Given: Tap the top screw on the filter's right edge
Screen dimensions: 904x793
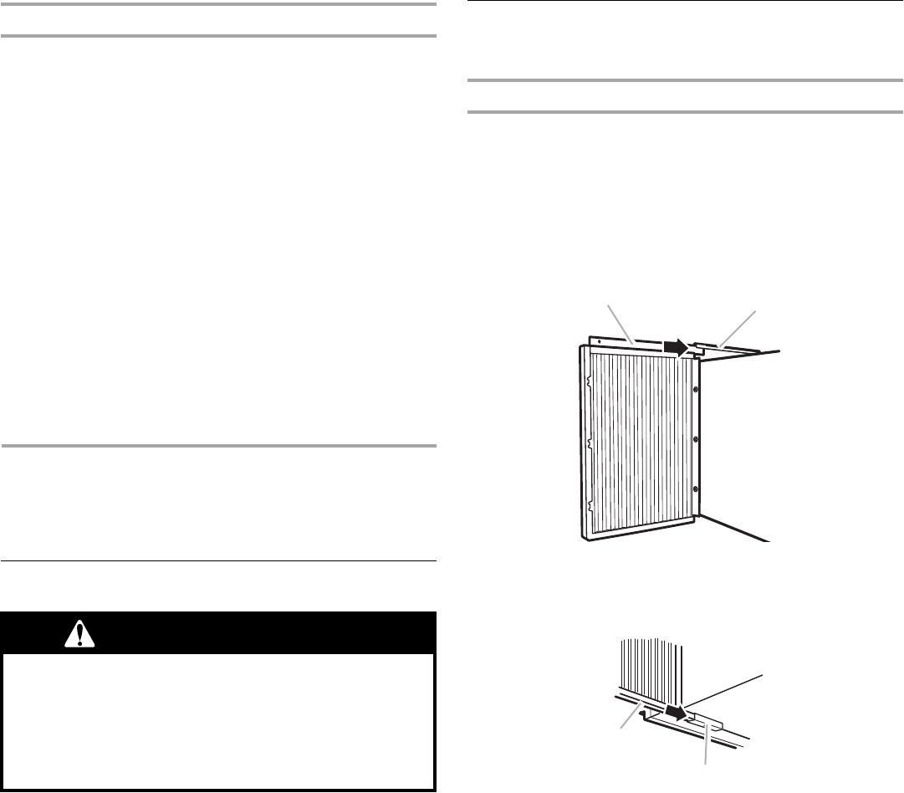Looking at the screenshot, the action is click(x=696, y=389).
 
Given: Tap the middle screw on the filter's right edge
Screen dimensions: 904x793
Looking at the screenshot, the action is click(x=696, y=438).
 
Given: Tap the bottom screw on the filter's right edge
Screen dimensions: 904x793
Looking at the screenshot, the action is click(x=696, y=489).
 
